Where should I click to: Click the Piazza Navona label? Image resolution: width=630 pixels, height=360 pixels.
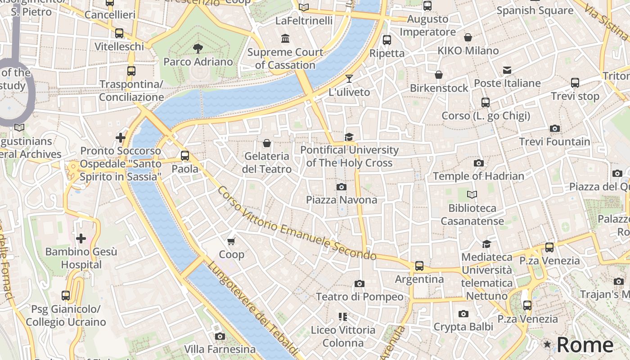[x=342, y=199]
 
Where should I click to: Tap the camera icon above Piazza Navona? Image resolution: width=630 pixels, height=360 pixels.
[x=342, y=187]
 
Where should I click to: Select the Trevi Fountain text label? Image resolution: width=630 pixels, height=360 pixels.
[x=554, y=142]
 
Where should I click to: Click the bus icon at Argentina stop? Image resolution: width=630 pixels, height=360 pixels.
[x=419, y=266]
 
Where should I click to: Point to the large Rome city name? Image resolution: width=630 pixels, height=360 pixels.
[x=585, y=345]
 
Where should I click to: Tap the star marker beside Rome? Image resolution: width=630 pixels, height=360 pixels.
[x=547, y=344]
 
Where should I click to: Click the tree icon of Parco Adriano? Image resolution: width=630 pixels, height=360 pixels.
[x=198, y=49]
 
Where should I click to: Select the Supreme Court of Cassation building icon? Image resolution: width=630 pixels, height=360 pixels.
[x=285, y=39]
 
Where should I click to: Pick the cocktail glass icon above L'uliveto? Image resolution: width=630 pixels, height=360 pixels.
[x=349, y=79]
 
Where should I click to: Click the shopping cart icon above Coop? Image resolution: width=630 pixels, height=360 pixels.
[x=231, y=242]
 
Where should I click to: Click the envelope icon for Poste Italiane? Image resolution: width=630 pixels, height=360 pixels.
[x=507, y=70]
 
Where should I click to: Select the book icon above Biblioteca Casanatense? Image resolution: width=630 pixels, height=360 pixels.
[x=472, y=195]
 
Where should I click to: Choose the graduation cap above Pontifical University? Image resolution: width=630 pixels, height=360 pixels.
[x=349, y=137]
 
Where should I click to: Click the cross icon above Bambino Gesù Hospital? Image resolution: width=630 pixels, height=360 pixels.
[x=81, y=238]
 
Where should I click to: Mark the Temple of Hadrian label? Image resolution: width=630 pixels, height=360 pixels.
[x=478, y=176]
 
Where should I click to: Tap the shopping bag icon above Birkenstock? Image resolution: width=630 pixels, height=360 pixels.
[x=439, y=75]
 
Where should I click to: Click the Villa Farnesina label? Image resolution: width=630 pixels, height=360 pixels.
[x=220, y=349]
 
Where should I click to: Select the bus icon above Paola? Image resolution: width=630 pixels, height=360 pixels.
[x=185, y=156]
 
